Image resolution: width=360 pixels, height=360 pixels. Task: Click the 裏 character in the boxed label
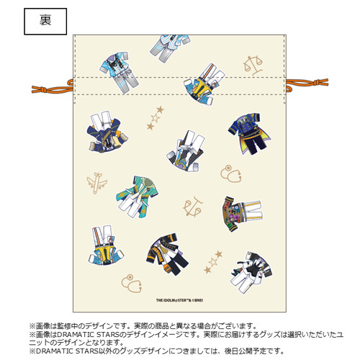coord(45,20)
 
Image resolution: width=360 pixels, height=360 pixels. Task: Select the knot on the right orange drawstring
coord(317,82)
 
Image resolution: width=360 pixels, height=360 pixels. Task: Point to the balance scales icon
coord(253,65)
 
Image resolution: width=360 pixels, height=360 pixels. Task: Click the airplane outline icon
coord(96,183)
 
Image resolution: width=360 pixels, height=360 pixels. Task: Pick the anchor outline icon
coord(193,207)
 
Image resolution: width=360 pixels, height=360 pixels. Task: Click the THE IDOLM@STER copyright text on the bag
coord(179,300)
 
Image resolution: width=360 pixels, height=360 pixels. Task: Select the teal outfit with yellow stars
coord(137,197)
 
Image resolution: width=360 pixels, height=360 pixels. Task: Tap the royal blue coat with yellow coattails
coord(249,133)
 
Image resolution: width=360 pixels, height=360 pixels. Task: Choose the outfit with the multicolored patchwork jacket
coord(242,213)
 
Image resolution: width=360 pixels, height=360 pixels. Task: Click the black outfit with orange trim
coord(167,254)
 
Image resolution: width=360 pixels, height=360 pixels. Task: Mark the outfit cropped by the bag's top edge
coord(170,48)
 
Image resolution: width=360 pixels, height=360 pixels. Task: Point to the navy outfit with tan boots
coord(107,132)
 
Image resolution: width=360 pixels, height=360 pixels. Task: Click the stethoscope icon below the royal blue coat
coord(231,174)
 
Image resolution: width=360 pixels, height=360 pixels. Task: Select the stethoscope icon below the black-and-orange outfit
coord(132,284)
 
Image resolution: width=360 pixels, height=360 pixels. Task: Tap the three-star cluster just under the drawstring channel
coord(155,118)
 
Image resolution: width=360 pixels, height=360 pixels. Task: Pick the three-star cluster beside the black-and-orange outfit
coord(213,262)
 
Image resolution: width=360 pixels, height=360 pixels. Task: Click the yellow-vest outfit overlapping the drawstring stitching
coord(204,84)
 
